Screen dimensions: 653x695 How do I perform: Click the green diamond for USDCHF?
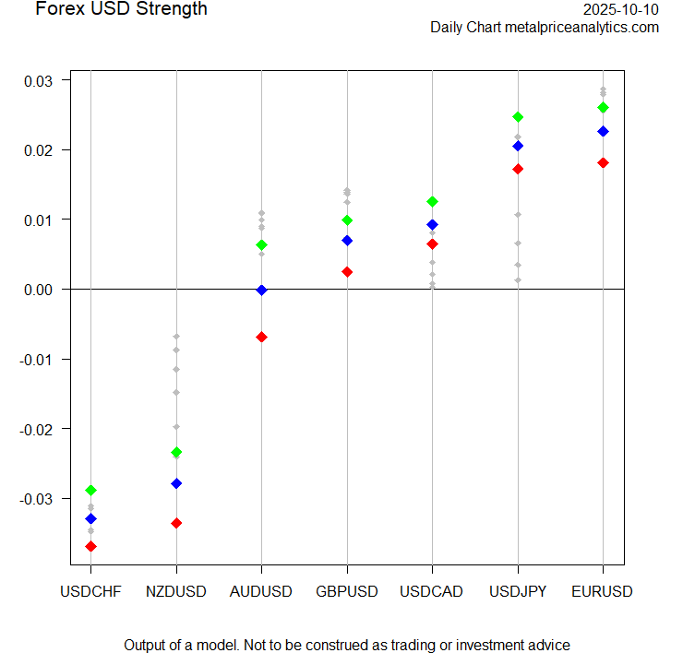91,490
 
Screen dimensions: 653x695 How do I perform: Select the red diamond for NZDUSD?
176,523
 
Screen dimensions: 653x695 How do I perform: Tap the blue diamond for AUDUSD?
262,290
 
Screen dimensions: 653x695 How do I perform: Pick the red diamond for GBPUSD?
347,271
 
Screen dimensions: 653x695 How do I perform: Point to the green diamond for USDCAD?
432,201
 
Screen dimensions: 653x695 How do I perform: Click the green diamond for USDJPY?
518,116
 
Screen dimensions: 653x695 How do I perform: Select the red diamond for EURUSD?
603,162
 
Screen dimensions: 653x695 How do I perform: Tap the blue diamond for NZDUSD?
176,483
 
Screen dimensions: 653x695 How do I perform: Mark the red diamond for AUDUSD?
262,337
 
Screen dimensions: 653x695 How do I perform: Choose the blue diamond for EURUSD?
603,131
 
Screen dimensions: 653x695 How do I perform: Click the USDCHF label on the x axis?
90,591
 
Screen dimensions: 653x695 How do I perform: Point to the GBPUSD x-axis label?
347,591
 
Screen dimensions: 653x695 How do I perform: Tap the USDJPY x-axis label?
518,591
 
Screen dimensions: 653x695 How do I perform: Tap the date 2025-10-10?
621,9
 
